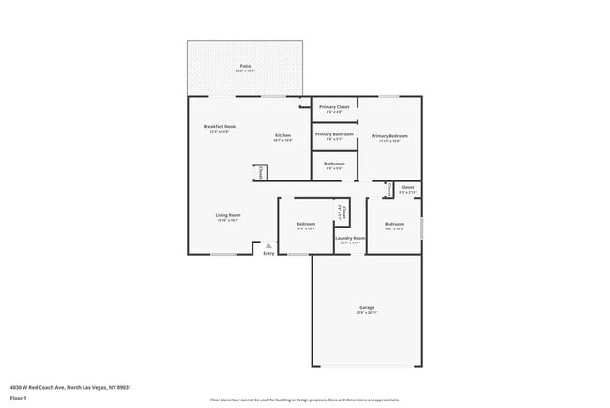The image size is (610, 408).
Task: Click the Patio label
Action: coord(245,66)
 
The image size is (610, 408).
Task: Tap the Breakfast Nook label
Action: coord(220,127)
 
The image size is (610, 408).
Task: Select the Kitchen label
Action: coord(282,136)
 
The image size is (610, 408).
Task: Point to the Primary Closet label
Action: coord(334,107)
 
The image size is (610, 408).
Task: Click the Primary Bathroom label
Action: coord(334,134)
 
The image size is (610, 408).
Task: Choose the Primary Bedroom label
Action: coord(389,136)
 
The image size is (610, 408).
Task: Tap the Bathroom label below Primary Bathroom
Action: coord(334,164)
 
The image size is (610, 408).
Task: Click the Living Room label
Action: coord(228,215)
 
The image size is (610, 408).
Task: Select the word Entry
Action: coord(268,253)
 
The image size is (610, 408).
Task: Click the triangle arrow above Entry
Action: coord(268,245)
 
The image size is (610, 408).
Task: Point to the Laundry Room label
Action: coord(349,238)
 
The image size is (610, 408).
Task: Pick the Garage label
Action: coord(367,307)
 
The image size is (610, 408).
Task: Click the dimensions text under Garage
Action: coord(367,313)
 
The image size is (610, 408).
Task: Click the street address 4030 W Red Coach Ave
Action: coord(70,387)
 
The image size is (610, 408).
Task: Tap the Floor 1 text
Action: coord(18,397)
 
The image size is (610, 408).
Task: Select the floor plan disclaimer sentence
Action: coord(304,400)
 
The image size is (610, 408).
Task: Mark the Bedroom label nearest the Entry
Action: coord(306,224)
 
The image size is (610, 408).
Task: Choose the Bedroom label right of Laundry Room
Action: coord(393,224)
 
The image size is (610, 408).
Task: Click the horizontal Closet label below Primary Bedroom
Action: coord(407,187)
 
